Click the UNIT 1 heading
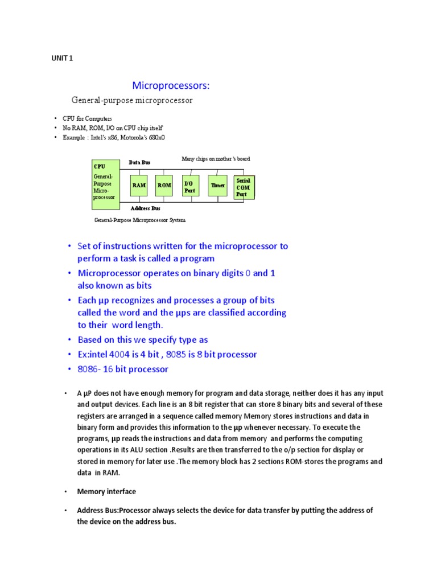tap(62, 58)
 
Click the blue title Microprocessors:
tap(171, 85)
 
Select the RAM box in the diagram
tap(139, 186)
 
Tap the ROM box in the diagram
tap(164, 186)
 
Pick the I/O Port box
tap(190, 186)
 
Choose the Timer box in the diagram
tap(218, 186)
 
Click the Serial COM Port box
tap(245, 187)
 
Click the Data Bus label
tap(139, 162)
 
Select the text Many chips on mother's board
tap(216, 159)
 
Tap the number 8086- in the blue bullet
tap(90, 369)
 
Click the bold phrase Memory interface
tap(106, 491)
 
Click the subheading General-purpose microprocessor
tap(131, 101)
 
